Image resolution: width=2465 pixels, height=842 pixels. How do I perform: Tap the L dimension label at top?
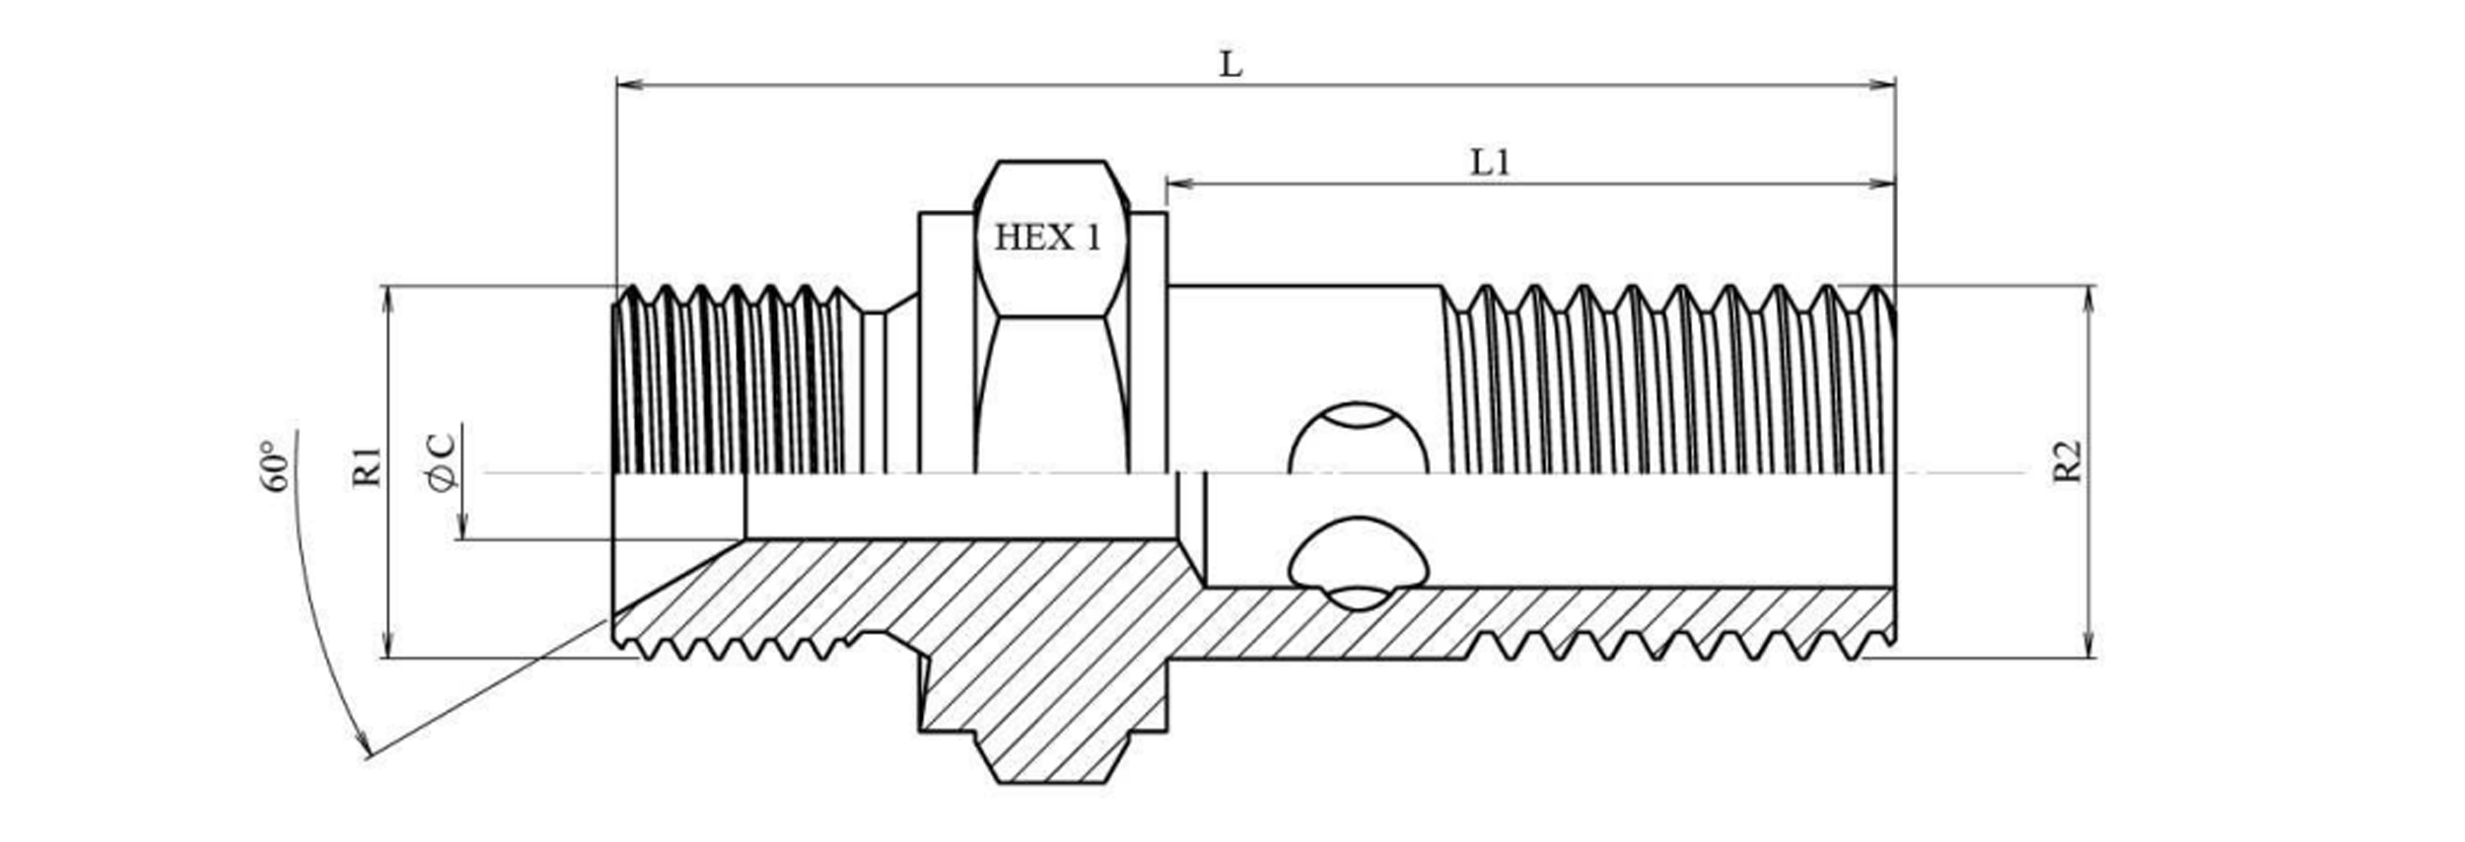point(1231,65)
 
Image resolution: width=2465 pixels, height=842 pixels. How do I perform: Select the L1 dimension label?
point(1490,163)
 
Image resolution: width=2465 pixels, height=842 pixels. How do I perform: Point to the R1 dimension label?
point(367,465)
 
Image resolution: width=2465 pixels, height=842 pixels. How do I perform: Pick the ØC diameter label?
point(442,461)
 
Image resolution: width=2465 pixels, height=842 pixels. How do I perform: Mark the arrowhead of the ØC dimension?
point(460,528)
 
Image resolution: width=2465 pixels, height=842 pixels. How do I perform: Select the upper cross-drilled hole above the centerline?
point(1358,439)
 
